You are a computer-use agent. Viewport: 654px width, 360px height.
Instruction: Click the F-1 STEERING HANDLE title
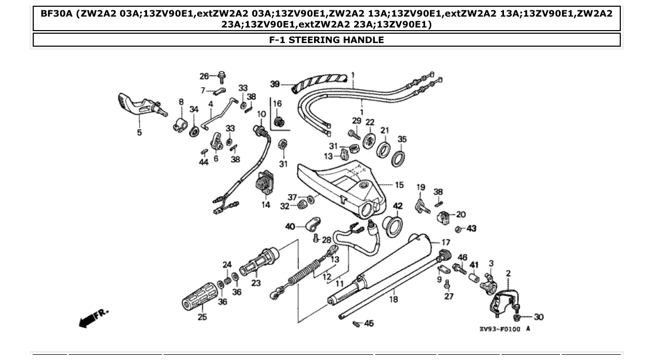pyautogui.click(x=326, y=40)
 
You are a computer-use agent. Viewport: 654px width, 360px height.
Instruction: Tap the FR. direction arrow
pyautogui.click(x=93, y=317)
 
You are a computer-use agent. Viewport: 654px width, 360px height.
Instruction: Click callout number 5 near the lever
pyautogui.click(x=139, y=133)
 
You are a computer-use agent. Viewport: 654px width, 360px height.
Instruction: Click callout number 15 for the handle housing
pyautogui.click(x=399, y=185)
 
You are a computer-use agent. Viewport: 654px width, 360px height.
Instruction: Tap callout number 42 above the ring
pyautogui.click(x=398, y=206)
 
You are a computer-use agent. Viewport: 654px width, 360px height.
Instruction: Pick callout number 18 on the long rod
pyautogui.click(x=393, y=299)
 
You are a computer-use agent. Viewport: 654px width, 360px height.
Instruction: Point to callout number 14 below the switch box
pyautogui.click(x=266, y=205)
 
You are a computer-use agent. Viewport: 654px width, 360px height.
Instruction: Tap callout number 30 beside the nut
pyautogui.click(x=539, y=317)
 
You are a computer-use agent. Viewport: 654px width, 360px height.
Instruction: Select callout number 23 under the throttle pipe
pyautogui.click(x=256, y=283)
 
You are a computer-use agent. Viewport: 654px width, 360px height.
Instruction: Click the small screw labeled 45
pyautogui.click(x=357, y=324)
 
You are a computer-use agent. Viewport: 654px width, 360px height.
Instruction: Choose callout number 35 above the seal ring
pyautogui.click(x=402, y=139)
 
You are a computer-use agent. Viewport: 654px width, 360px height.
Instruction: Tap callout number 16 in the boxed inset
pyautogui.click(x=277, y=104)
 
